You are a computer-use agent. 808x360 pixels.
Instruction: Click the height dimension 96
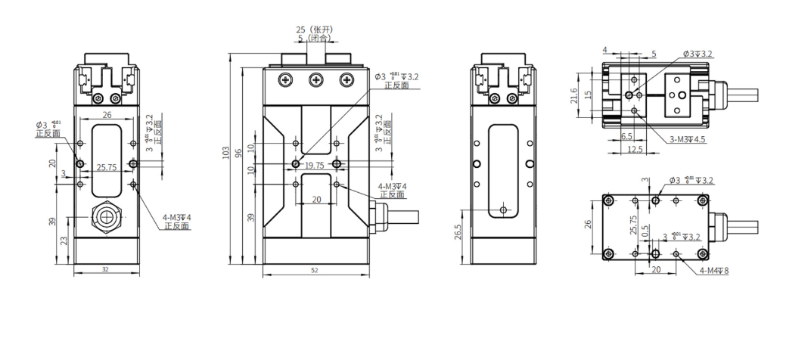[x=238, y=153]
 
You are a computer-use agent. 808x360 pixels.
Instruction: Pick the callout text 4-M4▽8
[x=713, y=270]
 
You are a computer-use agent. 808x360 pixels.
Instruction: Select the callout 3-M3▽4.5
[x=688, y=139]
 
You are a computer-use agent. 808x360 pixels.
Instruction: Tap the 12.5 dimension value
[x=634, y=149]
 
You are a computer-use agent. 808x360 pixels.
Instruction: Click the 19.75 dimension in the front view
[x=314, y=164]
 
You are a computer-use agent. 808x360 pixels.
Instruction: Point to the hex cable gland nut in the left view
[x=106, y=219]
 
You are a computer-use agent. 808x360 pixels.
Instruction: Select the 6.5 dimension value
[x=626, y=137]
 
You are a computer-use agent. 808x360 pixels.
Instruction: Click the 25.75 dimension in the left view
[x=105, y=167]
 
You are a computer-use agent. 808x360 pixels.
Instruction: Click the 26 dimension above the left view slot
[x=107, y=115]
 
